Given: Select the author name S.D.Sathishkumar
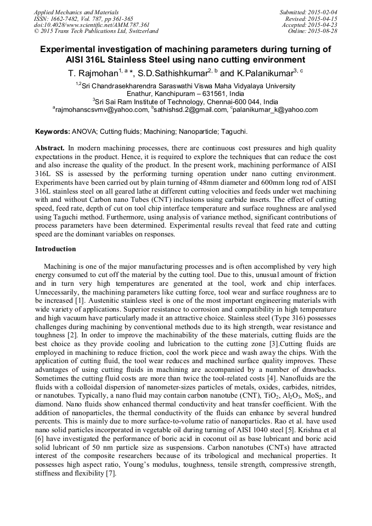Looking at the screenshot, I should pos(173,72).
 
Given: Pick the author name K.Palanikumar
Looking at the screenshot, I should pos(265,72).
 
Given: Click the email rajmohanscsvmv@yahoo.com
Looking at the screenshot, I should pos(102,110).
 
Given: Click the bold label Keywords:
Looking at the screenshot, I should pos(53,132).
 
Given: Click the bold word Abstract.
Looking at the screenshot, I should pos(50,148).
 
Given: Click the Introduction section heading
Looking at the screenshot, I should pos(55,248).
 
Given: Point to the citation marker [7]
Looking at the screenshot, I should pos(111,473).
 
